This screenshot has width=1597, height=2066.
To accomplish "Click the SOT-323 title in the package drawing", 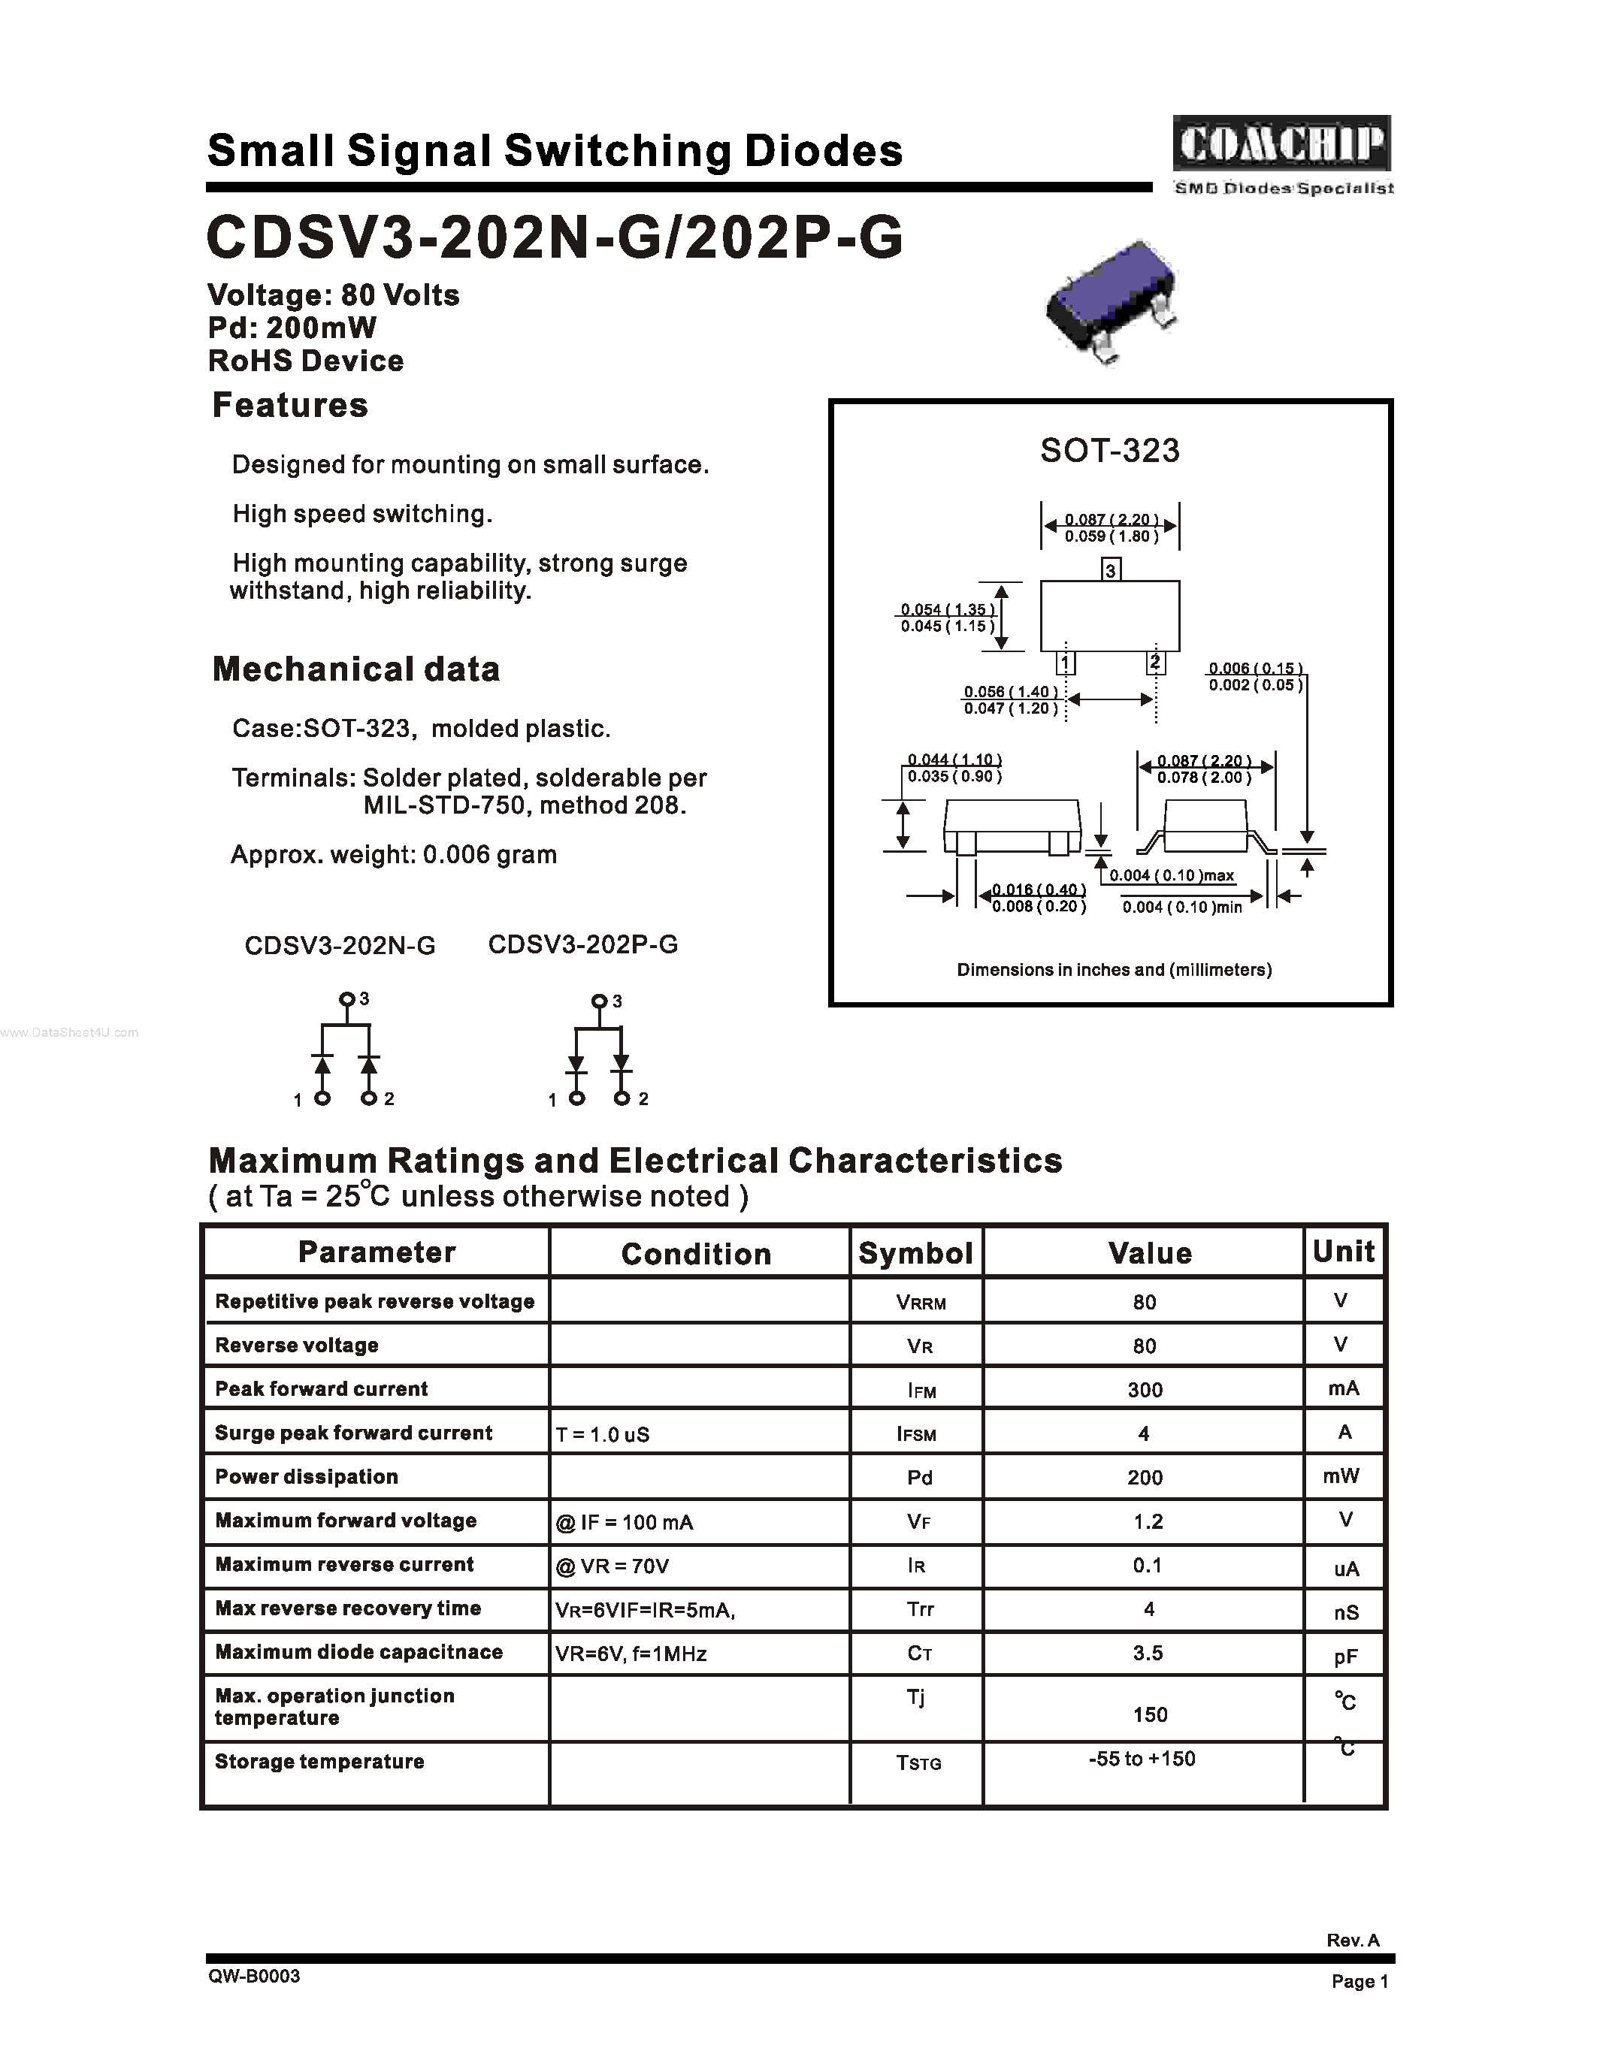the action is tap(1110, 450).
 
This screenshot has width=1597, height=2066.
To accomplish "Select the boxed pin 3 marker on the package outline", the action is tap(1112, 569).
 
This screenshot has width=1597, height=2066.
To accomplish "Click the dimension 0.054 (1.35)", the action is tap(946, 609).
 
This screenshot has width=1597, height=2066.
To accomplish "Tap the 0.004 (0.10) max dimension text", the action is tap(1172, 876).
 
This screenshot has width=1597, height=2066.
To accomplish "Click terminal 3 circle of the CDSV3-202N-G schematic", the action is tap(346, 999).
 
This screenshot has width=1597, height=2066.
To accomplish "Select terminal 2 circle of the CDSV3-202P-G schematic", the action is tap(622, 1098).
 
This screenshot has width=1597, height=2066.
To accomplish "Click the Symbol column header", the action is tap(915, 1252).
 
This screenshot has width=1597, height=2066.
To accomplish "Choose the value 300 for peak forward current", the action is tap(1145, 1390).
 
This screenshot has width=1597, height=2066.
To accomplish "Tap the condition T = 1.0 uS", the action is tap(603, 1434).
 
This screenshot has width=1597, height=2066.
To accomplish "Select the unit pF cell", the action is tap(1345, 1656).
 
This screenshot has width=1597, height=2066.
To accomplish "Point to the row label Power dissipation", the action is tap(307, 1477).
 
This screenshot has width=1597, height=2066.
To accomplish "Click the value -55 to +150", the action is tap(1142, 1759).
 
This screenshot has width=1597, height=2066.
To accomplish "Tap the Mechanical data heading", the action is tap(355, 669).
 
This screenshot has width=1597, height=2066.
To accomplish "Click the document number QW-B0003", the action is tap(255, 1976).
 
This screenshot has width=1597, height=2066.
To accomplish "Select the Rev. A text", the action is tap(1352, 1941).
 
